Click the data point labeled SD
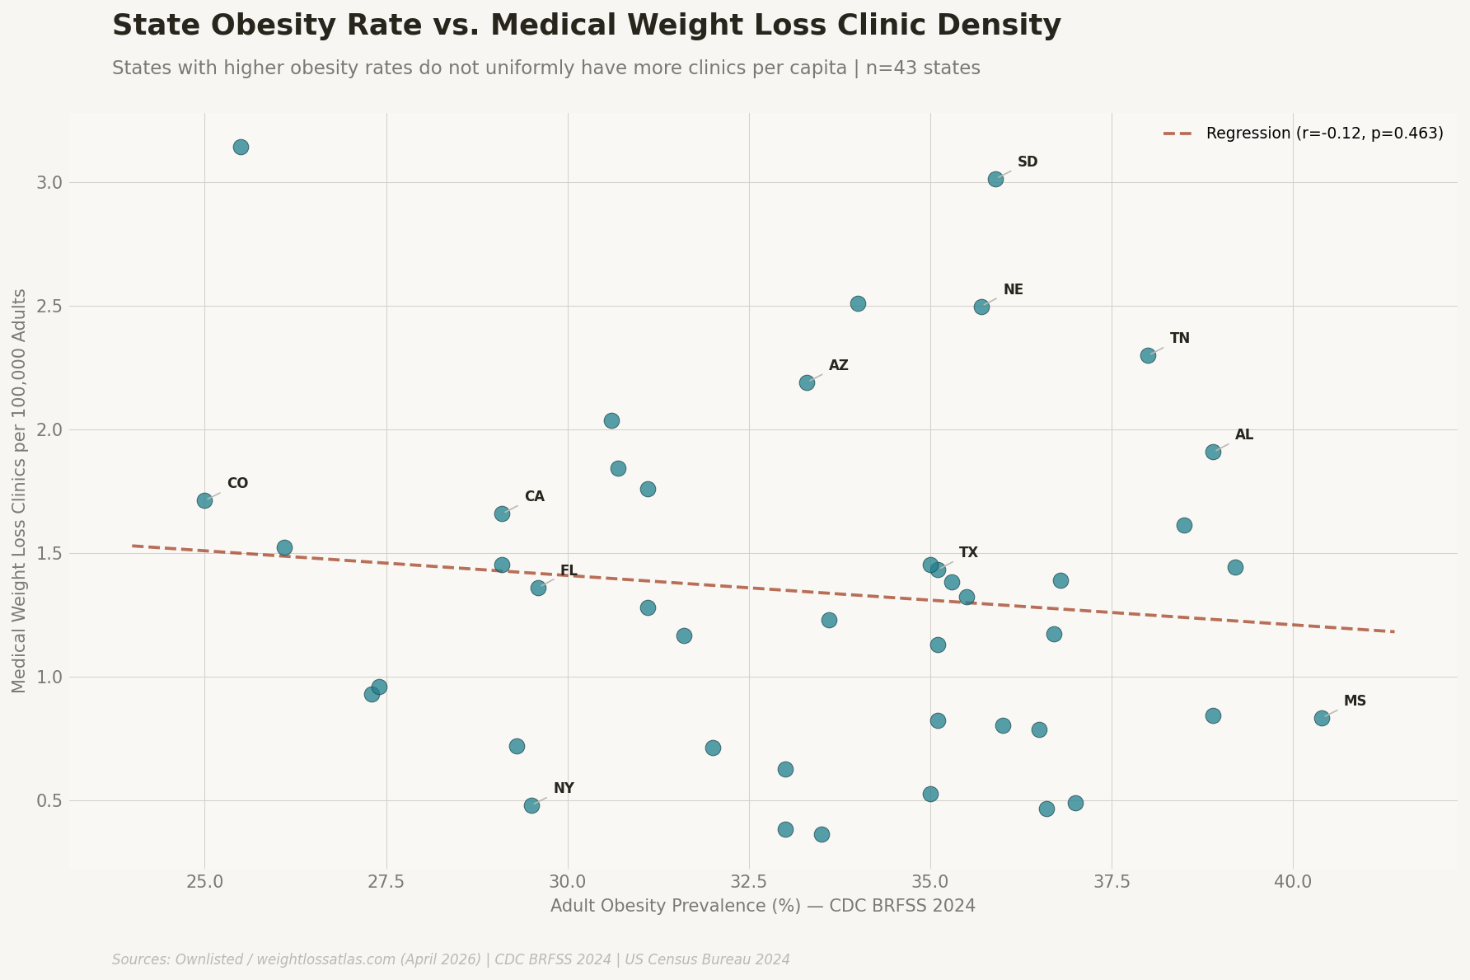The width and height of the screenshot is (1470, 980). coord(995,179)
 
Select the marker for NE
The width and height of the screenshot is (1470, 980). coord(981,307)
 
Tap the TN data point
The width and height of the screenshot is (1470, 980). coord(1148,355)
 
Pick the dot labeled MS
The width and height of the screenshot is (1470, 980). coord(1322,718)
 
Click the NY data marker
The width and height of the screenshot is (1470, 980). coord(531,805)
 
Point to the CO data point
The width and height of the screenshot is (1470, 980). coord(204,500)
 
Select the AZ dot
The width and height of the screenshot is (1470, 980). coord(807,382)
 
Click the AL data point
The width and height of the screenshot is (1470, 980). coord(1213,452)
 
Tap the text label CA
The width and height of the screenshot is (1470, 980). coord(534,497)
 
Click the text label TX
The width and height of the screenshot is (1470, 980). coord(968,553)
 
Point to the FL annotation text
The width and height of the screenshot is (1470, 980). coord(569,571)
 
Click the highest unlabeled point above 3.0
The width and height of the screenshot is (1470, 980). coord(241,147)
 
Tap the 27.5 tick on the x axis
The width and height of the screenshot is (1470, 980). coord(386,883)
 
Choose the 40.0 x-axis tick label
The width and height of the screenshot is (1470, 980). coord(1292,883)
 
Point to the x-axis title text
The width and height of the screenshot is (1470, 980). coord(762,907)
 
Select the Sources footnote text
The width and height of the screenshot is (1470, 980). coord(451,959)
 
